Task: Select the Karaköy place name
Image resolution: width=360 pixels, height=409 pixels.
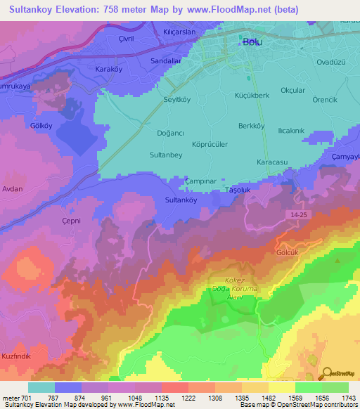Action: pyautogui.click(x=109, y=70)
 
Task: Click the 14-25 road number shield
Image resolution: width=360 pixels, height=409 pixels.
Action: pyautogui.click(x=297, y=212)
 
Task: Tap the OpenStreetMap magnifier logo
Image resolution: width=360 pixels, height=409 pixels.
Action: pyautogui.click(x=328, y=372)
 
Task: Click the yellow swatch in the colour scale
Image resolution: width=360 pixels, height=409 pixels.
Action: pyautogui.click(x=281, y=387)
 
